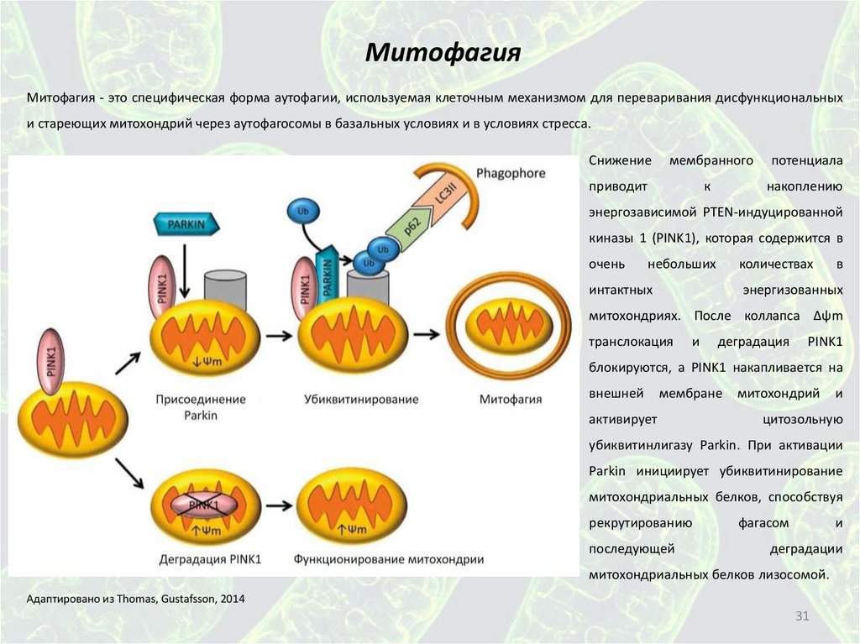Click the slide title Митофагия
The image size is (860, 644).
tap(443, 55)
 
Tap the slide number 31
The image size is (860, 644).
tap(801, 617)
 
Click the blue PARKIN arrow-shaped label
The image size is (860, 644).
tap(186, 224)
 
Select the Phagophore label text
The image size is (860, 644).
tap(511, 174)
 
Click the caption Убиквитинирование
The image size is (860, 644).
tap(361, 399)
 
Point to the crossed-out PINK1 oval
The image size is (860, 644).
tap(204, 505)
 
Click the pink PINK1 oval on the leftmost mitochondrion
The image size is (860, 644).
tap(51, 364)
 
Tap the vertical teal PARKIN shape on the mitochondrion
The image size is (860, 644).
tap(328, 277)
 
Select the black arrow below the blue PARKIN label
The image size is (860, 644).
tap(185, 267)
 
